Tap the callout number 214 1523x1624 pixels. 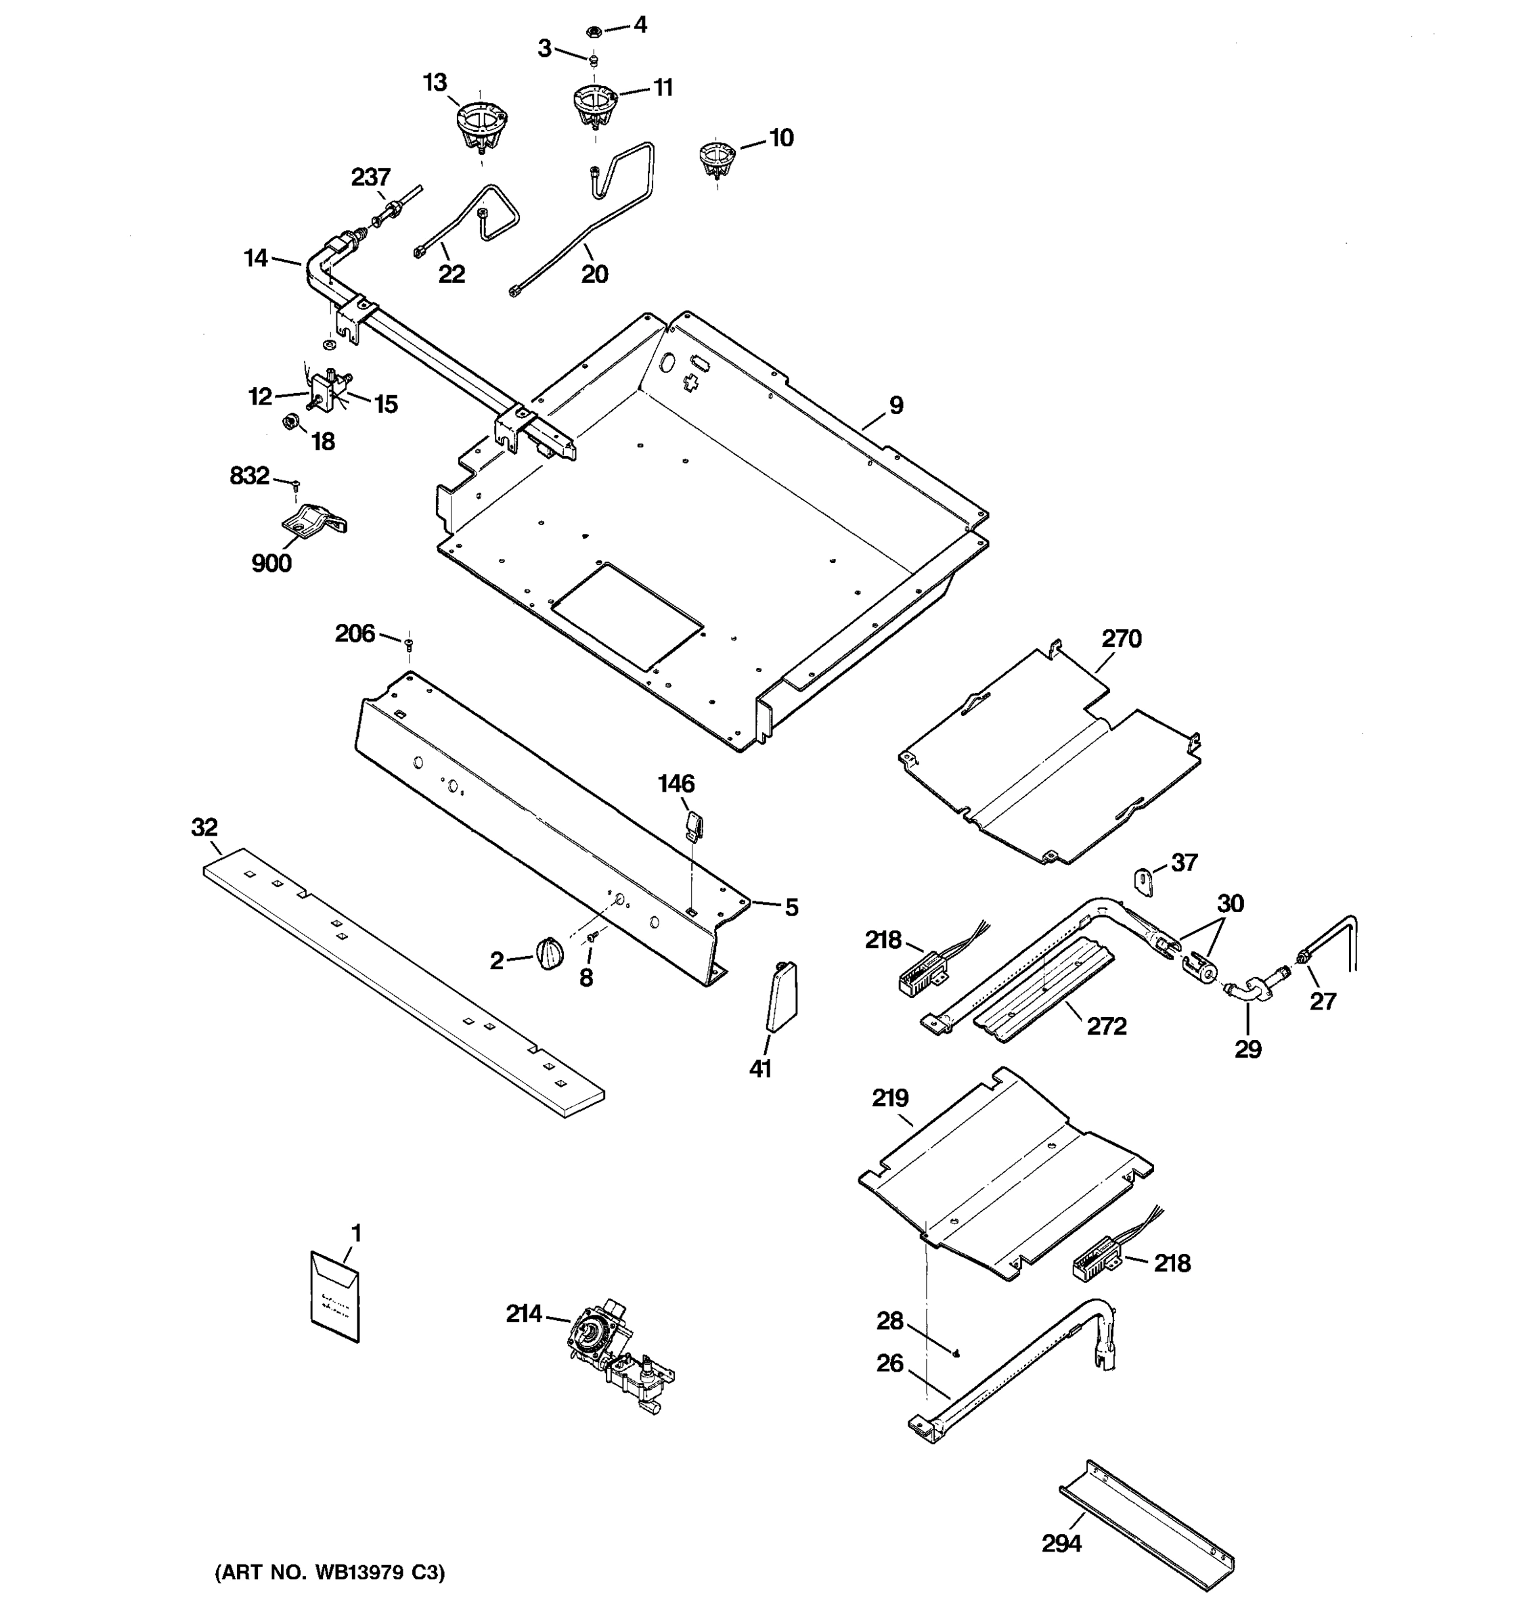point(524,1313)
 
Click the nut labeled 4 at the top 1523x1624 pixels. point(594,32)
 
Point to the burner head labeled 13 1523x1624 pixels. point(482,125)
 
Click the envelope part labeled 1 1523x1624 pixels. point(334,1296)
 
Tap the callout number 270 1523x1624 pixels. point(1121,639)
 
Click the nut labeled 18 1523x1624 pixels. point(289,422)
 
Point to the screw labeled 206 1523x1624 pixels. point(410,645)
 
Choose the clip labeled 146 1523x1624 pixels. point(694,825)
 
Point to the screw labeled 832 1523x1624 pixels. point(296,485)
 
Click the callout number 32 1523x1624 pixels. point(204,827)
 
